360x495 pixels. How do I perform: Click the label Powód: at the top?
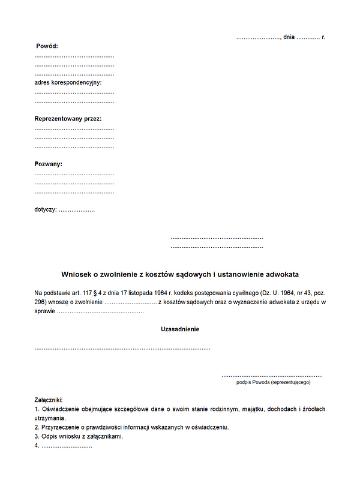coord(47,46)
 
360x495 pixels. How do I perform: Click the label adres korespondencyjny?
coord(68,82)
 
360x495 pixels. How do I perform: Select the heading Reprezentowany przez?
coord(68,119)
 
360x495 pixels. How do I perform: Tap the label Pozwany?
coord(49,164)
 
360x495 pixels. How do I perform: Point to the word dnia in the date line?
coord(289,37)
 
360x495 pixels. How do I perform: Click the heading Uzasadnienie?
coord(180,329)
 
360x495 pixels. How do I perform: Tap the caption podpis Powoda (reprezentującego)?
coord(274,382)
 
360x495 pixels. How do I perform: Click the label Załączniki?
coord(49,400)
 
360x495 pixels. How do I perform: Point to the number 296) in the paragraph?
coord(41,302)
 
